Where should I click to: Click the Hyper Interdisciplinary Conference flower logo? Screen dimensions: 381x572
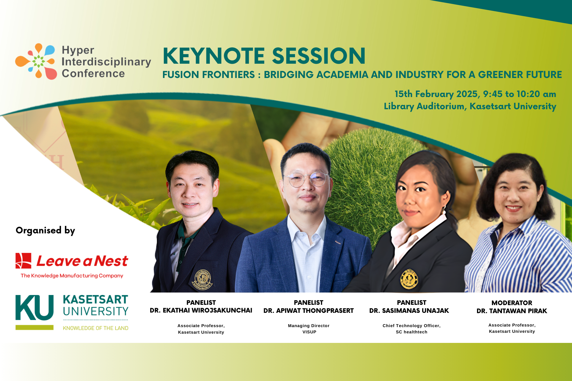tap(36, 61)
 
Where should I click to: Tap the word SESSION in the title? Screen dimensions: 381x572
tap(318, 56)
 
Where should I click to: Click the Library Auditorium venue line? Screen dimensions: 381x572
tap(470, 106)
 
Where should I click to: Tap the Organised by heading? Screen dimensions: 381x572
tap(45, 230)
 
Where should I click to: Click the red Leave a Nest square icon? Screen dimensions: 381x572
tap(24, 261)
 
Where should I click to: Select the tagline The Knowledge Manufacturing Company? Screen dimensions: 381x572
tap(72, 276)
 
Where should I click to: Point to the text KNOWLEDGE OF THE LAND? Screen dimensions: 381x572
tap(95, 328)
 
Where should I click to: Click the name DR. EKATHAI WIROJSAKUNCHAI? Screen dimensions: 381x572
tap(201, 310)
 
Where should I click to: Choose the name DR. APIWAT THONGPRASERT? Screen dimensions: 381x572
tap(308, 311)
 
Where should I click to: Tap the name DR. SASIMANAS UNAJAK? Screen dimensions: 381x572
tap(409, 311)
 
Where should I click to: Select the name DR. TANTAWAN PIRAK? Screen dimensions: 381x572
tap(512, 311)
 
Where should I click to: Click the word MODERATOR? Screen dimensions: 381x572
tap(512, 303)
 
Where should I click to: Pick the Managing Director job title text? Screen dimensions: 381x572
tap(309, 326)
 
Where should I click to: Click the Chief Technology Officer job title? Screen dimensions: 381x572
tap(411, 326)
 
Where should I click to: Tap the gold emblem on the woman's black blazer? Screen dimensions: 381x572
tap(409, 279)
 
